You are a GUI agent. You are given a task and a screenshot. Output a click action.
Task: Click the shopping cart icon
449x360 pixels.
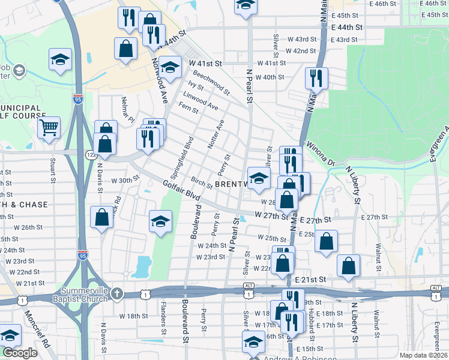tap(49, 127)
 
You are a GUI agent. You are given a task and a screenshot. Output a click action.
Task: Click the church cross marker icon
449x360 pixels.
tap(118, 294)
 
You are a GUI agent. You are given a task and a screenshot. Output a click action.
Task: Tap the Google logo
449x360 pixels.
tap(20, 353)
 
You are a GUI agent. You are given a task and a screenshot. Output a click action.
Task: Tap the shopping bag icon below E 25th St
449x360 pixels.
tap(327, 242)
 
